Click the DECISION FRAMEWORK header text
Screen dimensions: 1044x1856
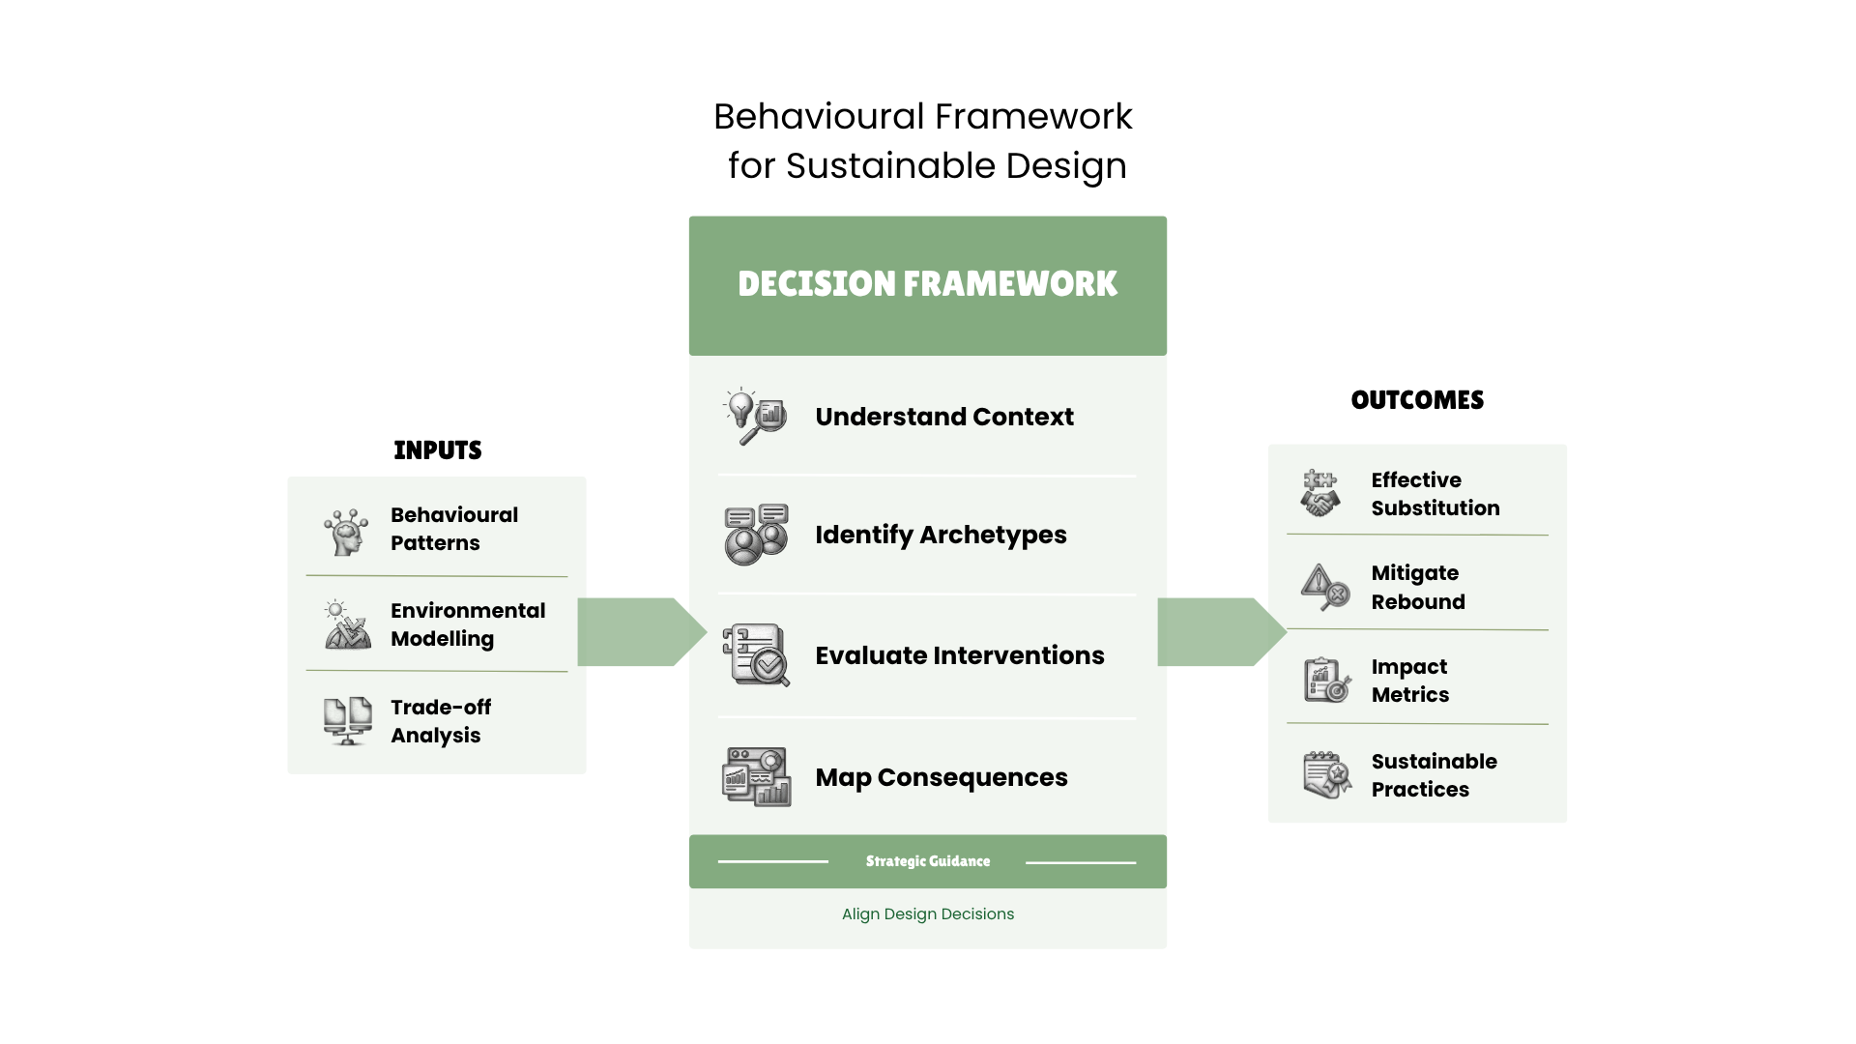927,284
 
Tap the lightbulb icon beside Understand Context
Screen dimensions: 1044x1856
755,417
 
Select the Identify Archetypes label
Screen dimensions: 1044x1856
941,535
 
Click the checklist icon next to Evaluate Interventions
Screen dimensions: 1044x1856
756,654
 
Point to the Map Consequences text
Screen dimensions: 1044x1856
941,777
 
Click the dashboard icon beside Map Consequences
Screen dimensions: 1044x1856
756,776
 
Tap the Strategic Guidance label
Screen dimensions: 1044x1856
927,861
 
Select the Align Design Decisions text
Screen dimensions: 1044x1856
927,914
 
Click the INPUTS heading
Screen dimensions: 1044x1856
437,450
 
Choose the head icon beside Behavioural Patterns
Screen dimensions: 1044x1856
346,531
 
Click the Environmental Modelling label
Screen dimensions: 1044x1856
468,624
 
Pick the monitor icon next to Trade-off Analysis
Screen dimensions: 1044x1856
347,721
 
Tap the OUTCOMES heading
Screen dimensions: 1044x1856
1416,400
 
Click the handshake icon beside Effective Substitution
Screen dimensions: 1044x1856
1319,494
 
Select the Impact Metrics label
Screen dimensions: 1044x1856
1409,681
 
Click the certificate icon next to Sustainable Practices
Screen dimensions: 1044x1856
1326,775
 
